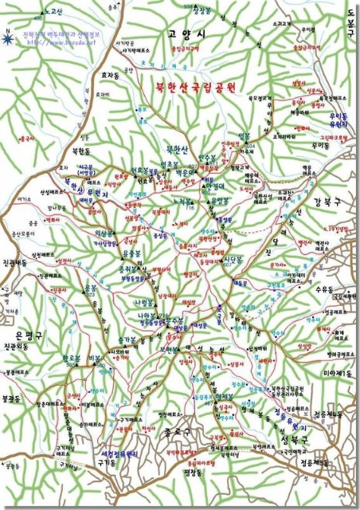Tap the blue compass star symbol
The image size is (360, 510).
click(x=8, y=36)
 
